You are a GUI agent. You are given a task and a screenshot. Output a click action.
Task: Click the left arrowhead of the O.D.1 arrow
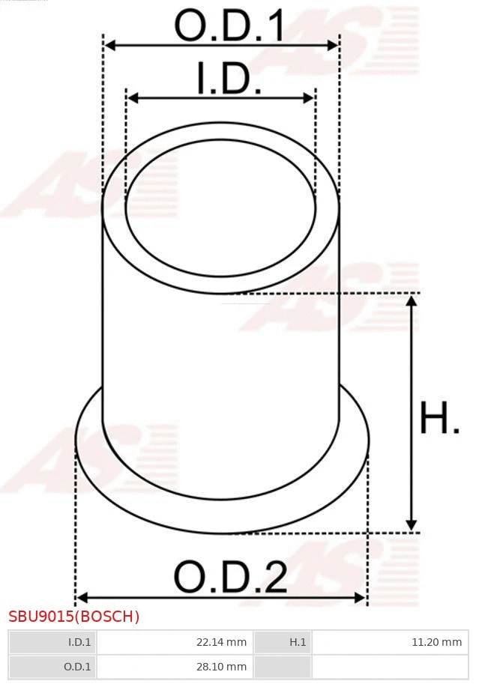tap(109, 46)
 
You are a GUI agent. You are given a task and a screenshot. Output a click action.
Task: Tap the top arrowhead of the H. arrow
tap(411, 300)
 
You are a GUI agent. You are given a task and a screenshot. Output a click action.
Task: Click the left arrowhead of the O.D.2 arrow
tap(82, 597)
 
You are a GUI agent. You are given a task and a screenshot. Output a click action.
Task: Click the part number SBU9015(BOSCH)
tap(74, 617)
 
